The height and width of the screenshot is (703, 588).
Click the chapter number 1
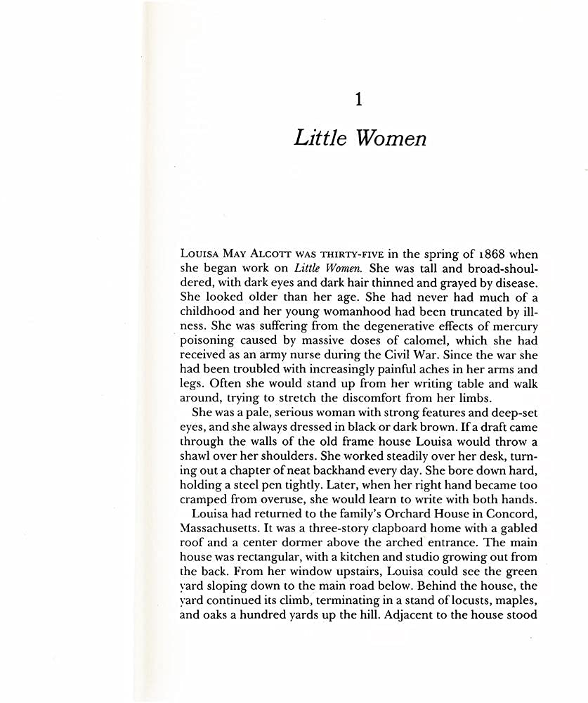[x=358, y=100]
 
